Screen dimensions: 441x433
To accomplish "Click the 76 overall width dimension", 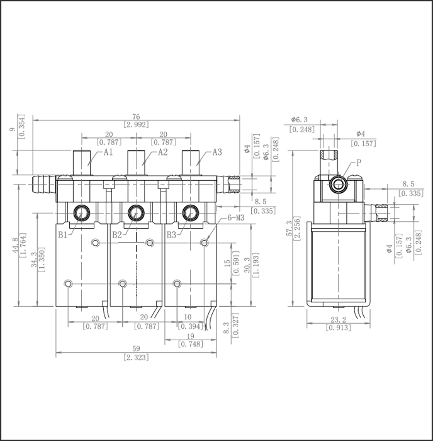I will click(x=136, y=116).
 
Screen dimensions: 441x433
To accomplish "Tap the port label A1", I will click(x=108, y=152).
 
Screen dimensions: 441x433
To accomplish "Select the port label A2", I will click(x=162, y=152).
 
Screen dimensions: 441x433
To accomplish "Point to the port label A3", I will click(x=217, y=152).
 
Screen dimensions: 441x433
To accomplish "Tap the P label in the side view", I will click(x=358, y=163).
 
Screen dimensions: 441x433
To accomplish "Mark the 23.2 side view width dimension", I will click(x=334, y=320).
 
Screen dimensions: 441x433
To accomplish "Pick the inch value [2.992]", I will click(x=136, y=125).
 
